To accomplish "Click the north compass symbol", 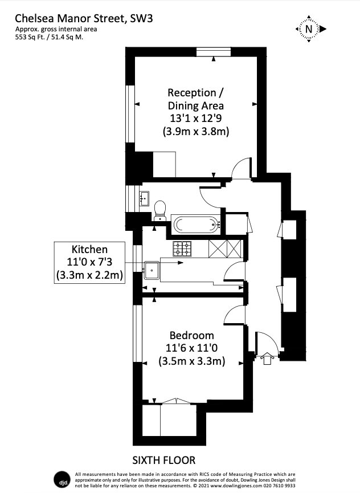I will [x=309, y=28].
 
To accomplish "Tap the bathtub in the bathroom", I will [x=195, y=225].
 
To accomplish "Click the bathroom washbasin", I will [x=143, y=198].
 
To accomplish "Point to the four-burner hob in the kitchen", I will [x=182, y=248].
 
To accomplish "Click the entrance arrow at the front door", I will [x=267, y=358].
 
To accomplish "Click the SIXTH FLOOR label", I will [x=164, y=460].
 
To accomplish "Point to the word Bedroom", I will [x=192, y=335].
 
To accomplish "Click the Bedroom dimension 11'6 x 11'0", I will [x=192, y=348].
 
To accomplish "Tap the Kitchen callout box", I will [x=89, y=263].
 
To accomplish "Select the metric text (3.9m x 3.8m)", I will [x=195, y=132].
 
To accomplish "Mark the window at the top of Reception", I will [x=214, y=52].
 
